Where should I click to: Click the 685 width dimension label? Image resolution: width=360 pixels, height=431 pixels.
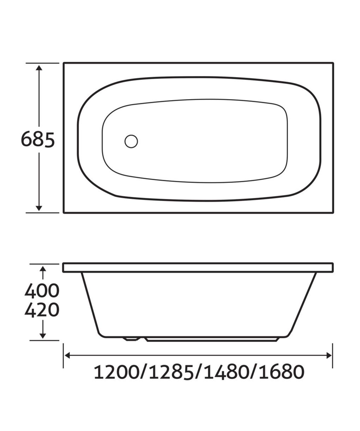[38, 140]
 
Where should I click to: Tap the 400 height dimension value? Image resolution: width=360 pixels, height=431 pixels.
[42, 290]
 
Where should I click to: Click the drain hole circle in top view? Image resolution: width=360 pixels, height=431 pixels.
[131, 141]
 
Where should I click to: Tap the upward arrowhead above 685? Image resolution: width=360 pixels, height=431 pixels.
[39, 68]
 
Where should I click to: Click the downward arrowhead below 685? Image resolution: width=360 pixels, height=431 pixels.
[39, 208]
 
